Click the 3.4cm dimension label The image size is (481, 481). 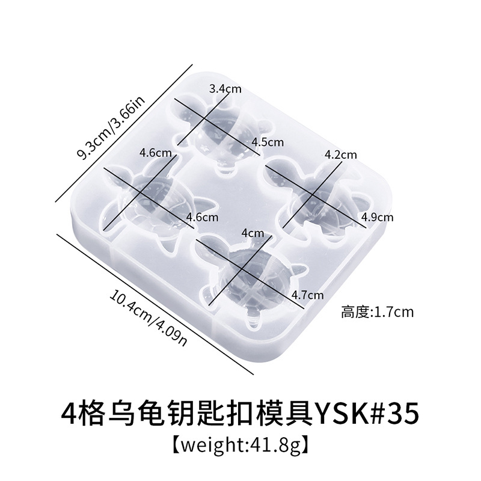(225, 89)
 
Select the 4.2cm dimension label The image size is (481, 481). (340, 155)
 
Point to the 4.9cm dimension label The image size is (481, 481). (377, 216)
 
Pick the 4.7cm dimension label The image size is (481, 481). (307, 295)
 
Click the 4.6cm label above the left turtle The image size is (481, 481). (153, 153)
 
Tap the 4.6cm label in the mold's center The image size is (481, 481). (203, 216)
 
